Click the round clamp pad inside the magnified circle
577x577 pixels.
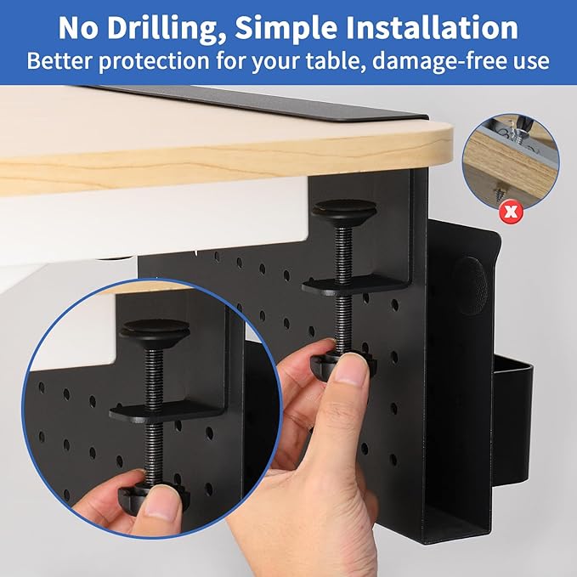click(x=154, y=327)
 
